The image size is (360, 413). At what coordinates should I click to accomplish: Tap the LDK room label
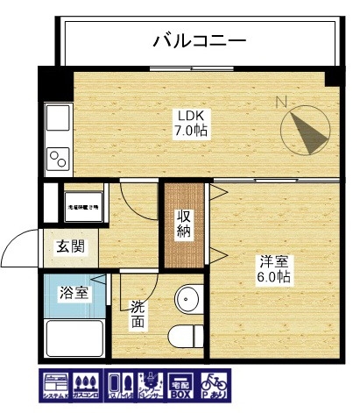click(x=190, y=115)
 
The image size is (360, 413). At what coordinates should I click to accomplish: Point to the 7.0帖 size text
click(x=190, y=131)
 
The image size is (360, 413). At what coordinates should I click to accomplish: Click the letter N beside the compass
click(x=281, y=102)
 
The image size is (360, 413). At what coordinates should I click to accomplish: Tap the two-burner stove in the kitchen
click(x=59, y=159)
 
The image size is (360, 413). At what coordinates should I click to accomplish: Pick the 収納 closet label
click(x=184, y=224)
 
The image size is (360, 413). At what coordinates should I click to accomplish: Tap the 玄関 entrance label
click(x=71, y=246)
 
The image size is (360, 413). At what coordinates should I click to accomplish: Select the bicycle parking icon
click(x=213, y=386)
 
